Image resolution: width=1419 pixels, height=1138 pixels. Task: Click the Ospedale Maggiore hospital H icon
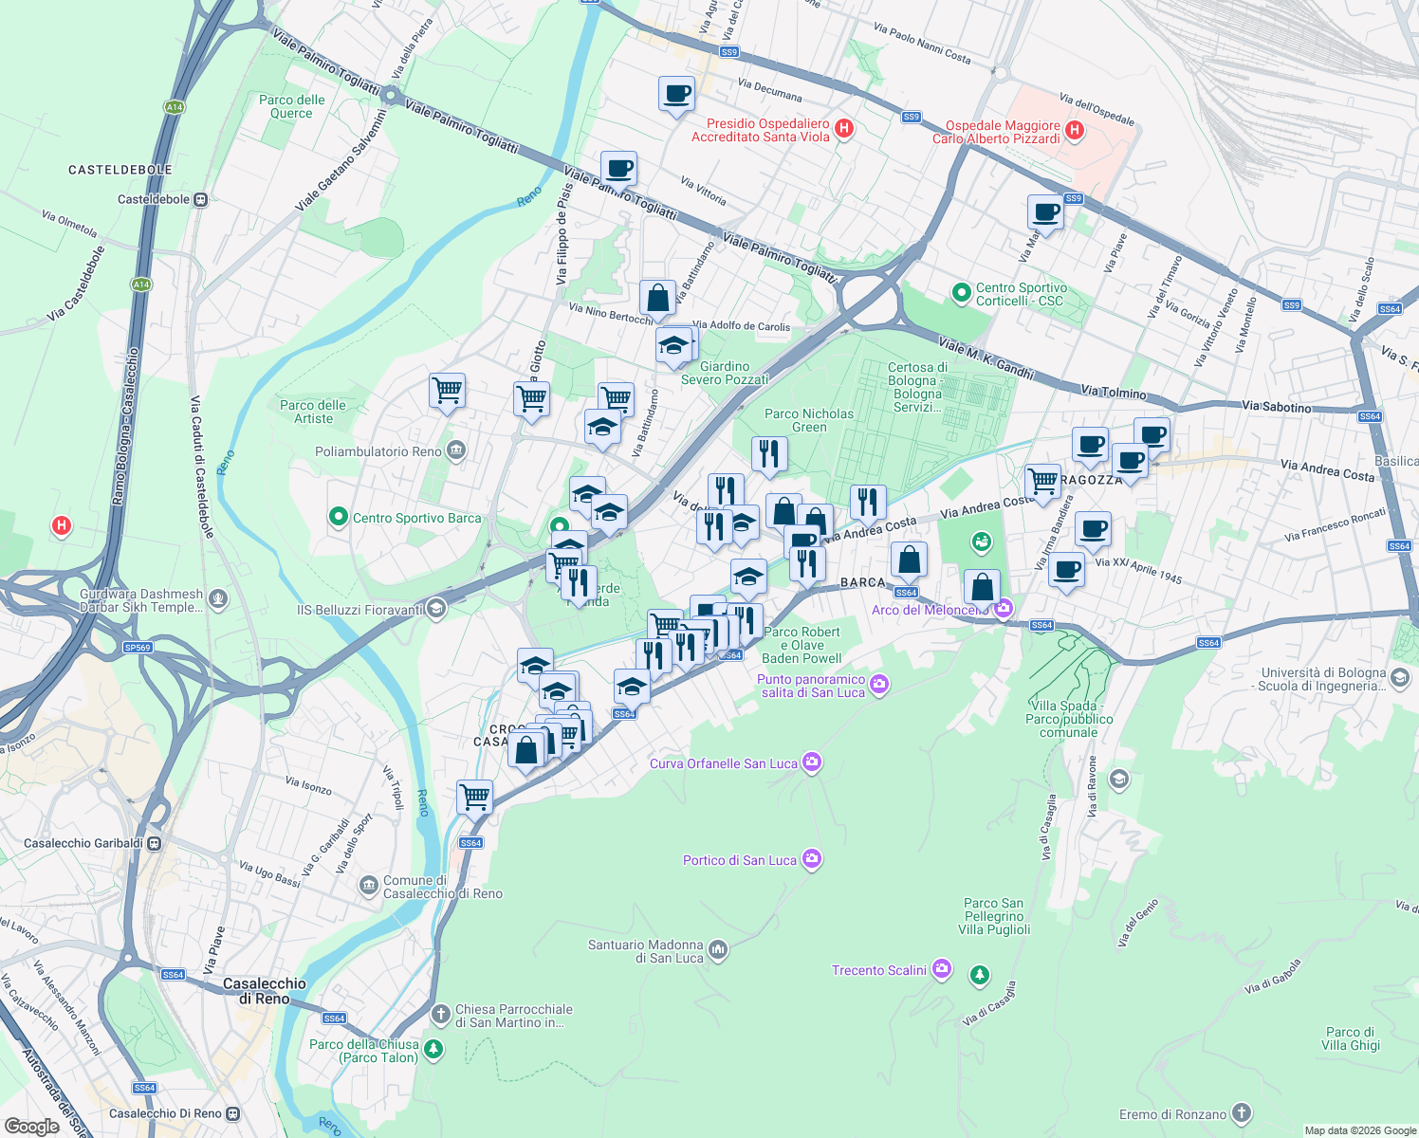point(1075,131)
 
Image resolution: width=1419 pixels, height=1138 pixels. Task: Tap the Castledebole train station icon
point(200,199)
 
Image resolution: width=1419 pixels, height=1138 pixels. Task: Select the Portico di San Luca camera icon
point(811,859)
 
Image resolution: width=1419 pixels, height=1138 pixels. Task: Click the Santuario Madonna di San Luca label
point(645,951)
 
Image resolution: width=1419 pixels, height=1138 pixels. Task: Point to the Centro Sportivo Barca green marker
point(338,517)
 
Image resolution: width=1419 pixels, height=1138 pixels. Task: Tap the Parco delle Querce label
point(291,106)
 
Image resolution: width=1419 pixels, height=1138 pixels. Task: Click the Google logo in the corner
point(31,1126)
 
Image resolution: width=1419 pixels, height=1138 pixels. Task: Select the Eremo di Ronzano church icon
point(1242,1113)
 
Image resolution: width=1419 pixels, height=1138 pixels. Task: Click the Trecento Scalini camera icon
point(941,969)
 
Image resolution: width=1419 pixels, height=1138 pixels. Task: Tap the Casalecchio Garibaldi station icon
point(155,843)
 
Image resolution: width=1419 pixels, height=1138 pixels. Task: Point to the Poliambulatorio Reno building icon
point(456,450)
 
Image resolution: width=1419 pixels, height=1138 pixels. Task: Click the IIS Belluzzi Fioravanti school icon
point(436,609)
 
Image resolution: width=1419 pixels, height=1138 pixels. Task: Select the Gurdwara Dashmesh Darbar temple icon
point(218,598)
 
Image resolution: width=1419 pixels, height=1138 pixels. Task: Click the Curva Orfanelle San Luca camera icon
point(811,762)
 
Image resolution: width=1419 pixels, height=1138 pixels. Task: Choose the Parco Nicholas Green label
point(809,420)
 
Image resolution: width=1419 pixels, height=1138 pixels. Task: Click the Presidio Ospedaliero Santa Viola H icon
point(844,129)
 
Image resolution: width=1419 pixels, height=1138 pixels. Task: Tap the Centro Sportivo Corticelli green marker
point(961,293)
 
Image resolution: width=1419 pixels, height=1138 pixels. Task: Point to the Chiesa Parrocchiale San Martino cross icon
point(440,1015)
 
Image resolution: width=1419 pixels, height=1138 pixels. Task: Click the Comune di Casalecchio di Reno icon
point(368,886)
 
